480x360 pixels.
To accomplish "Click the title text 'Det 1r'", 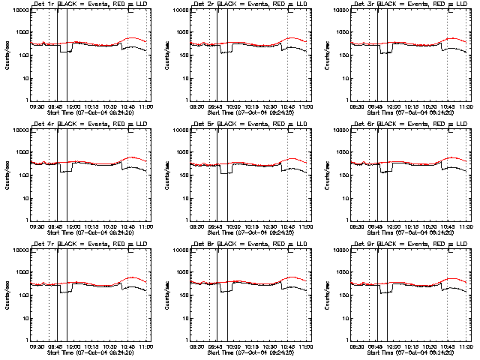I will (x=41, y=4).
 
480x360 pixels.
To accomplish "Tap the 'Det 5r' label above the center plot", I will (x=202, y=124).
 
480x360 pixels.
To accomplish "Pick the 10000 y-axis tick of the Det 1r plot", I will (x=21, y=10).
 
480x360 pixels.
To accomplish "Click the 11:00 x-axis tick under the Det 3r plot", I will (x=466, y=107).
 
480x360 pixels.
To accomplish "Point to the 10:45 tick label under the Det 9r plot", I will (x=448, y=347).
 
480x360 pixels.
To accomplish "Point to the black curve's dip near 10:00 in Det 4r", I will (x=66, y=171).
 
